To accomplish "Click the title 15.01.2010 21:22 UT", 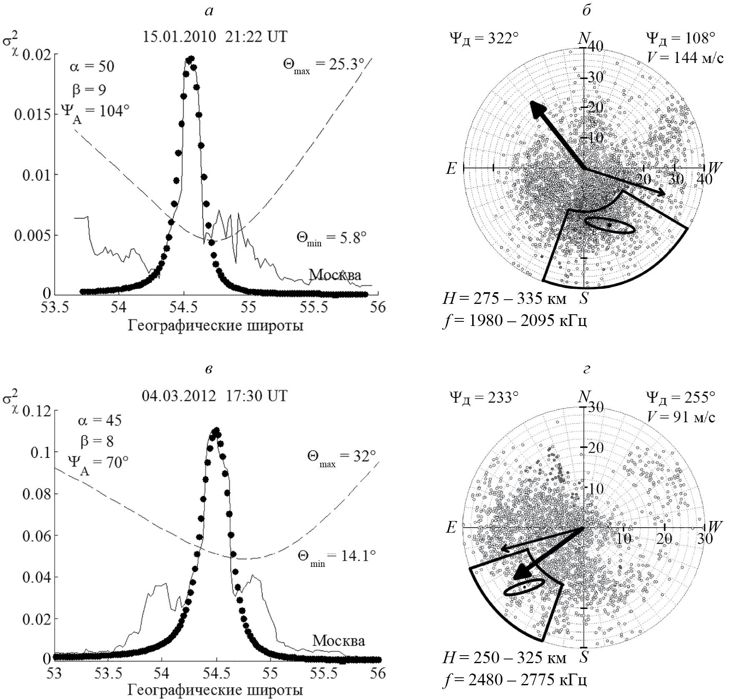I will point(215,37).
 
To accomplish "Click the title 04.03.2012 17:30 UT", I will point(215,395).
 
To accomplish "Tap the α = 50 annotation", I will point(92,66).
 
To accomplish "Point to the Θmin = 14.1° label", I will point(337,556).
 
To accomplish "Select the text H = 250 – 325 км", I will point(504,658).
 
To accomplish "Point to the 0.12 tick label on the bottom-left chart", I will point(40,411).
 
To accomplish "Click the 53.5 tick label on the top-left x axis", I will point(55,308).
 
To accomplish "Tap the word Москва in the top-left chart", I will point(335,275).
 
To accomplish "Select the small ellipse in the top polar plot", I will point(610,225).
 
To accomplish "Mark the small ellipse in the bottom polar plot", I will point(524,587).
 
